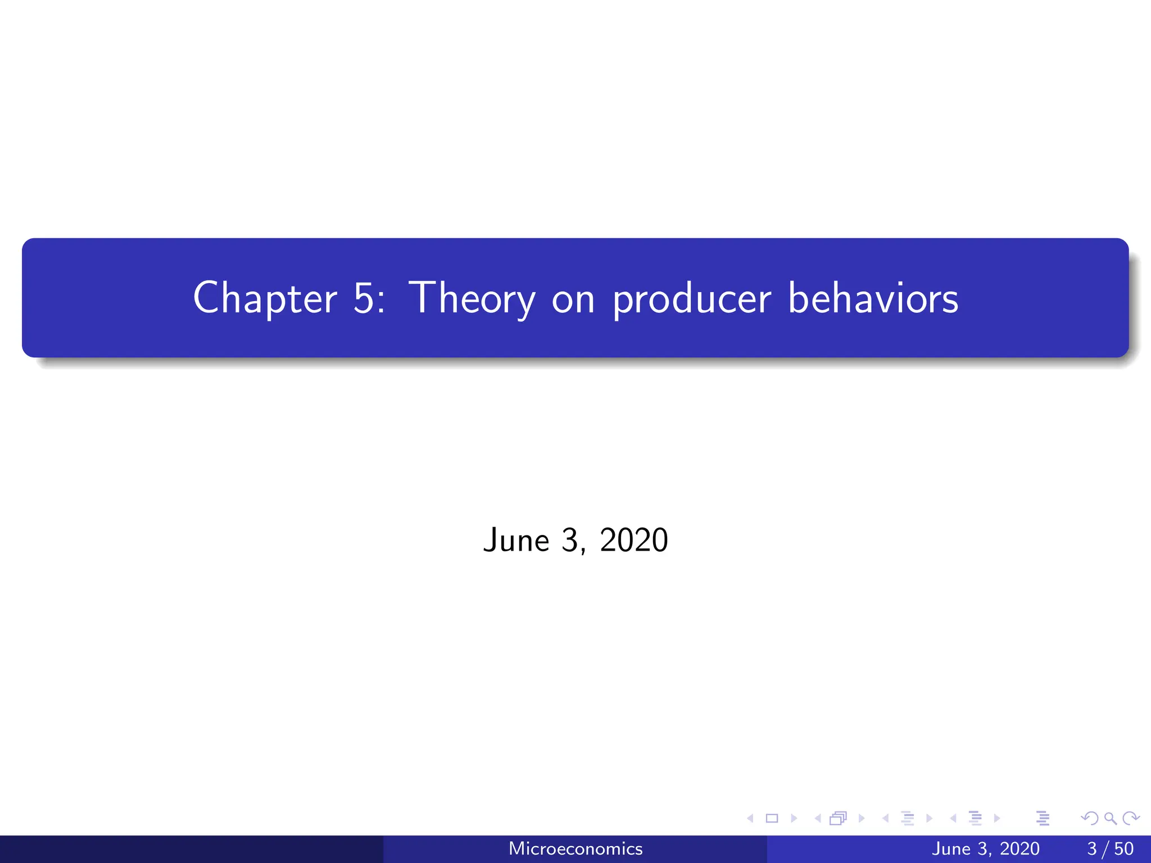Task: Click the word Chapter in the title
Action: [265, 298]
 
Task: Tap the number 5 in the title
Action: [363, 298]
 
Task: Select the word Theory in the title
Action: [472, 299]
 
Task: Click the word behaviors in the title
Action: [873, 298]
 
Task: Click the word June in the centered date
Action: [516, 540]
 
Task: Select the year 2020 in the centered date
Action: [633, 540]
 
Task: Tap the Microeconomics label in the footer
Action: [575, 848]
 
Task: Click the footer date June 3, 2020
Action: [985, 848]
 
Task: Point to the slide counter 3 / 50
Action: [1110, 848]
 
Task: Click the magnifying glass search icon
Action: [1110, 818]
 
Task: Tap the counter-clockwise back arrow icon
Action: [1090, 818]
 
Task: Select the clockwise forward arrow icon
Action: [1131, 818]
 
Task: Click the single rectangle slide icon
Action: [772, 818]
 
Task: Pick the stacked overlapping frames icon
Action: [838, 818]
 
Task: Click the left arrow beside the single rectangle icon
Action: [750, 818]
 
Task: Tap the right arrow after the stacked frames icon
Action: [861, 818]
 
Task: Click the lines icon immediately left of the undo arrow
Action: [1043, 818]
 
